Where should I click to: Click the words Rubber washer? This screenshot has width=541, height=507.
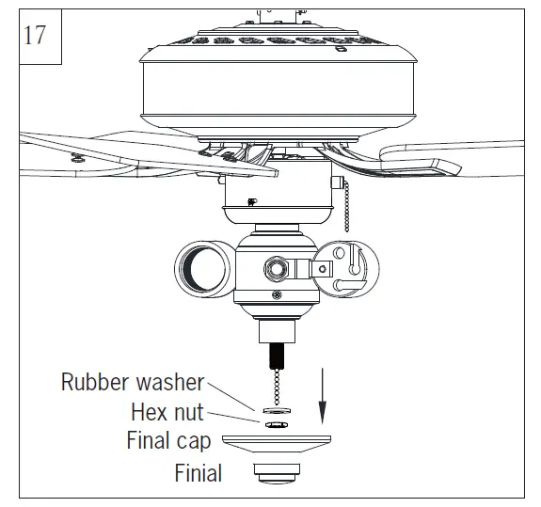click(132, 382)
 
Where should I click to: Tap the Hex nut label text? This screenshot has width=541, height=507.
click(167, 411)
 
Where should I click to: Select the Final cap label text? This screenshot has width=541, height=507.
click(168, 440)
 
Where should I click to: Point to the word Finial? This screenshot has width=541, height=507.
click(198, 472)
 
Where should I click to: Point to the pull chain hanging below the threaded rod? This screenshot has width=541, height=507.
click(271, 386)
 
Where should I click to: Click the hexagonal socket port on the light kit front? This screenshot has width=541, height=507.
click(277, 267)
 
